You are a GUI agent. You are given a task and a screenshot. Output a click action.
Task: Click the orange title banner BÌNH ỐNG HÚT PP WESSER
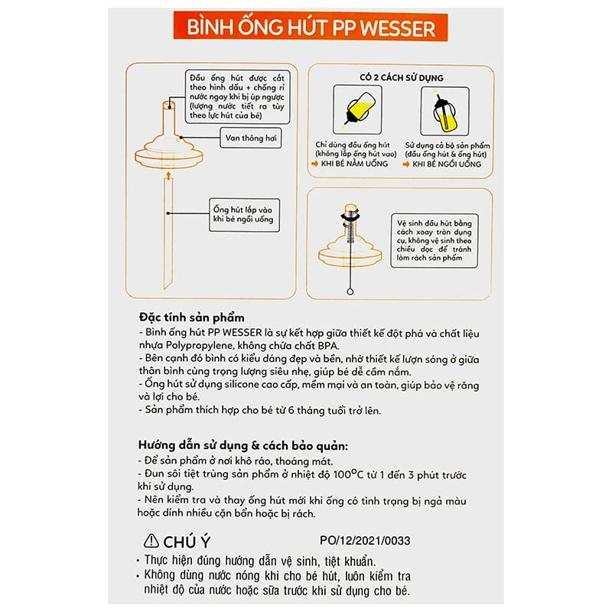coord(305,29)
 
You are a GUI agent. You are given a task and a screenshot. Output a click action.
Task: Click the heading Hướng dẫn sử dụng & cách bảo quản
coord(243,444)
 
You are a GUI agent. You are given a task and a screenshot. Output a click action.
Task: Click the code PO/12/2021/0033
coord(363,540)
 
